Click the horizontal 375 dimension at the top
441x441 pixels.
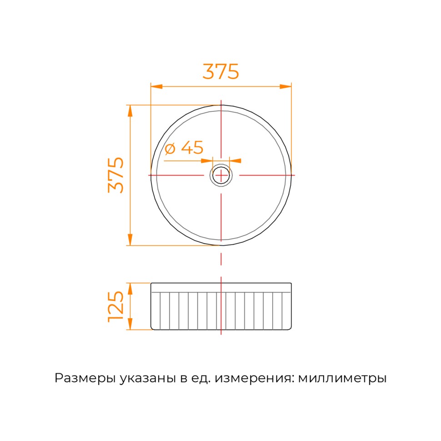tap(221, 71)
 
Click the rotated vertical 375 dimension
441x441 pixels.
tap(116, 175)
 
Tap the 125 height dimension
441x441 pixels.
tap(116, 306)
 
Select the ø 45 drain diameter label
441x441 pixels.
tap(184, 147)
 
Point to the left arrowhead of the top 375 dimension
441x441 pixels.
tap(157, 86)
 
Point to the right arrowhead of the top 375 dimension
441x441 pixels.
tap(286, 86)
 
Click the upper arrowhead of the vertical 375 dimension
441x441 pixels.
tap(130, 111)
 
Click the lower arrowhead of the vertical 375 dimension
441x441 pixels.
tap(130, 240)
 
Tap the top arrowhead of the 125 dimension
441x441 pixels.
tap(130, 289)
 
